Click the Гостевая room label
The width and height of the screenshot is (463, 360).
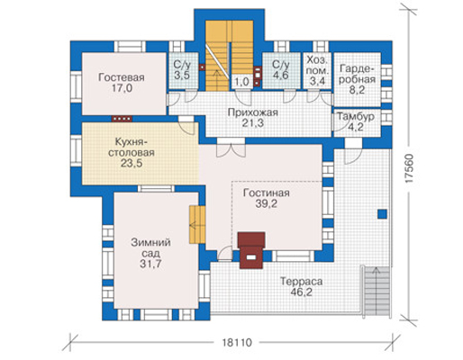click(122, 77)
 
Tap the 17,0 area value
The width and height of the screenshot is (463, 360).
click(122, 88)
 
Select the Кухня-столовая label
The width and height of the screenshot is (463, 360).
click(132, 147)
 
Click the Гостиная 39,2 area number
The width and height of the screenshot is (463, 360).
click(267, 203)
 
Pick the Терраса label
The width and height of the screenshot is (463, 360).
click(302, 282)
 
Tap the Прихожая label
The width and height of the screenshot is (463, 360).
click(252, 112)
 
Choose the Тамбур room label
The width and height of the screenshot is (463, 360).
click(356, 116)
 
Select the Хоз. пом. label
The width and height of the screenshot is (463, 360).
click(317, 66)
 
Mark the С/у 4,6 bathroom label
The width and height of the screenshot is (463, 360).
click(281, 69)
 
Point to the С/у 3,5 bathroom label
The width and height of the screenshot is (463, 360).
click(182, 69)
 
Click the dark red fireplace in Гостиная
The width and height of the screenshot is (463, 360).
click(251, 250)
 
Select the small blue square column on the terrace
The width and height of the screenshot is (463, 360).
click(382, 214)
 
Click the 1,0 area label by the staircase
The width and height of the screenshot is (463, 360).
click(242, 82)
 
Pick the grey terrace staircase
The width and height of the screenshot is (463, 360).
click(377, 290)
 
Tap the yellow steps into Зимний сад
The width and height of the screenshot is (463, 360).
click(197, 224)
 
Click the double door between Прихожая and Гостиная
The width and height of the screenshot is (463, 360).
click(231, 148)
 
